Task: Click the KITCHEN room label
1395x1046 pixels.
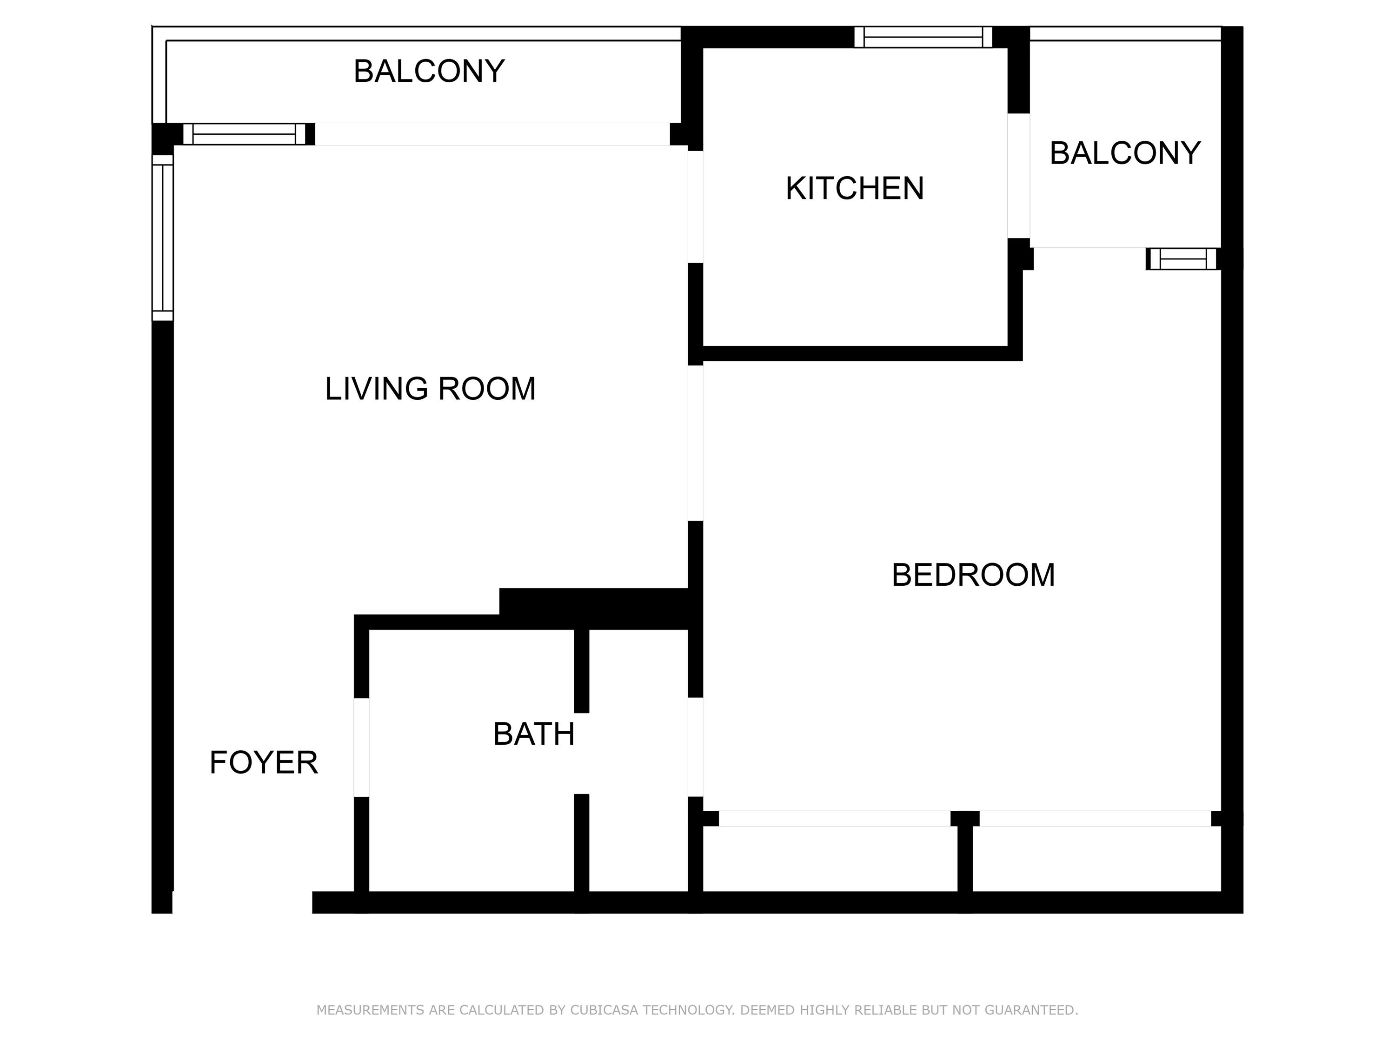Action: click(855, 189)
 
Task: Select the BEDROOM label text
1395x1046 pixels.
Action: click(973, 575)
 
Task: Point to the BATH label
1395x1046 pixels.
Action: click(533, 734)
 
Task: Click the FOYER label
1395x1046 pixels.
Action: click(264, 762)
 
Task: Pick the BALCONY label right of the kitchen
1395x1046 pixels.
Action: click(1125, 153)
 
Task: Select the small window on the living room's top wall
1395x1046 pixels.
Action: click(244, 134)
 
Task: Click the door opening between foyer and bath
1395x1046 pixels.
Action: click(361, 747)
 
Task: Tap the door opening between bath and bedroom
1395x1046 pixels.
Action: click(695, 747)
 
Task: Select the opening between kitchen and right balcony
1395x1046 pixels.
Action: click(1018, 176)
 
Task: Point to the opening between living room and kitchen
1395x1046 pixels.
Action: click(695, 207)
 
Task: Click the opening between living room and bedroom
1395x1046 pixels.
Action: click(695, 443)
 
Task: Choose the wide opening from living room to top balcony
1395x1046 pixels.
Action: click(492, 134)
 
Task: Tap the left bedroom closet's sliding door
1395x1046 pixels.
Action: click(834, 818)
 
